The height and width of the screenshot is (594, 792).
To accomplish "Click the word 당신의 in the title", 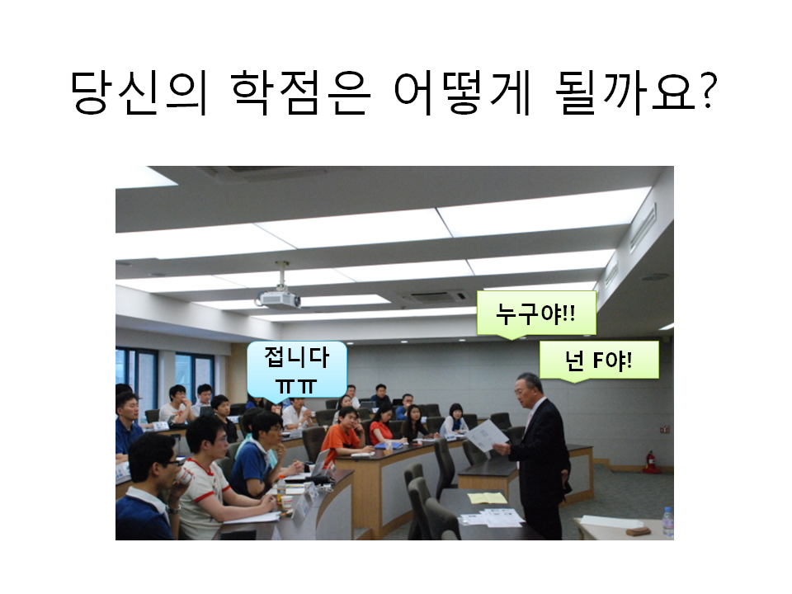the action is [x=139, y=92].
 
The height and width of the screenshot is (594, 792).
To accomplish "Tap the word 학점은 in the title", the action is [x=301, y=92].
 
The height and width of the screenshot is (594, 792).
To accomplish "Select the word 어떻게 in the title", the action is [x=461, y=92].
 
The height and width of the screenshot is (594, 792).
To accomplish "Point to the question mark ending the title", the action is [x=706, y=91].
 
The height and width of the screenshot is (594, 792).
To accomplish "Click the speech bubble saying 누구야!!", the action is [x=536, y=313].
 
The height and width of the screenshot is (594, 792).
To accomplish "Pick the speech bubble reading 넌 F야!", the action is [x=599, y=361].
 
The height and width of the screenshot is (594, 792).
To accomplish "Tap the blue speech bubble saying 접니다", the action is [x=296, y=370].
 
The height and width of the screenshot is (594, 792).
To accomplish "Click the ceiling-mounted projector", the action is [x=278, y=298].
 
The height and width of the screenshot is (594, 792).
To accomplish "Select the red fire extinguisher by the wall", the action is [x=650, y=460].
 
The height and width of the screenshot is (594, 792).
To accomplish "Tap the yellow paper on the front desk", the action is [x=487, y=498].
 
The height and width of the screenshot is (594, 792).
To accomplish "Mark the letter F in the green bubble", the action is [x=599, y=361].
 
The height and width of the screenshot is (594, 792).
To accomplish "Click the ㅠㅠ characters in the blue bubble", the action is [x=296, y=386].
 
